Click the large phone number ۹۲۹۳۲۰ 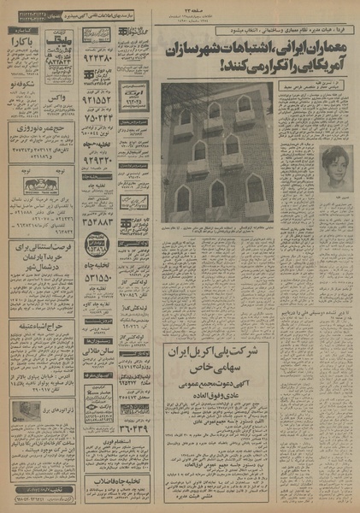97,156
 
